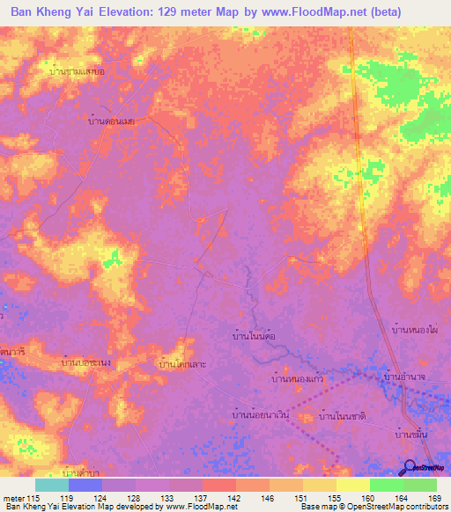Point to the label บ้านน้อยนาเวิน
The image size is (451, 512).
click(x=261, y=413)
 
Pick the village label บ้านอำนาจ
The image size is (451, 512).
click(x=406, y=377)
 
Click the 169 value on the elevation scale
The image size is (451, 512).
click(x=433, y=499)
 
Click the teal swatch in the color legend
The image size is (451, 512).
click(x=51, y=485)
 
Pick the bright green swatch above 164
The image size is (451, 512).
click(x=386, y=485)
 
